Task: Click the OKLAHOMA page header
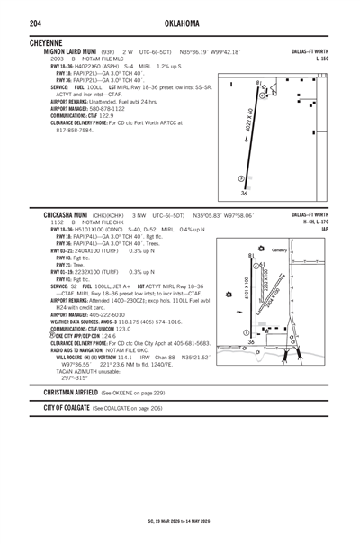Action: click(x=180, y=23)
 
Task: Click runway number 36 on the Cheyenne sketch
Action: click(x=244, y=193)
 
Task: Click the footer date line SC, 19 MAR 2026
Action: click(x=180, y=521)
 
